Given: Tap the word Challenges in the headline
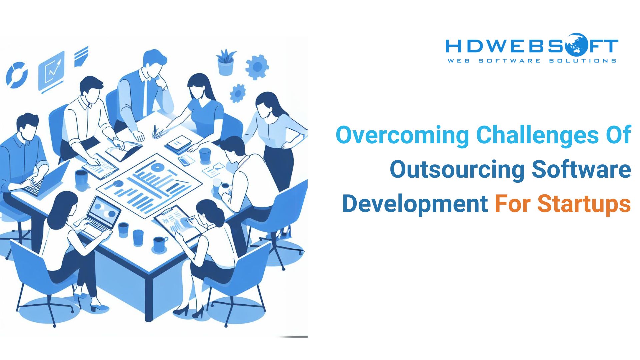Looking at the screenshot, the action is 537,135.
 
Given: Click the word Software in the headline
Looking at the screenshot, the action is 581,169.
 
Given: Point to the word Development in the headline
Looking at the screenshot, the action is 415,204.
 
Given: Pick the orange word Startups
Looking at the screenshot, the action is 584,204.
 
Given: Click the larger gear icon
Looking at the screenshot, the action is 257,67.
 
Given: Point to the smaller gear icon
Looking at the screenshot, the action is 238,93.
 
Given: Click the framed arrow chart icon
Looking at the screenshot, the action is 51,71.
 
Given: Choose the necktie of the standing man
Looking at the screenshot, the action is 145,97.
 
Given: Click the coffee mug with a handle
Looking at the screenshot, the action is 160,244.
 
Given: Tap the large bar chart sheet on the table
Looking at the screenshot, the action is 149,186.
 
